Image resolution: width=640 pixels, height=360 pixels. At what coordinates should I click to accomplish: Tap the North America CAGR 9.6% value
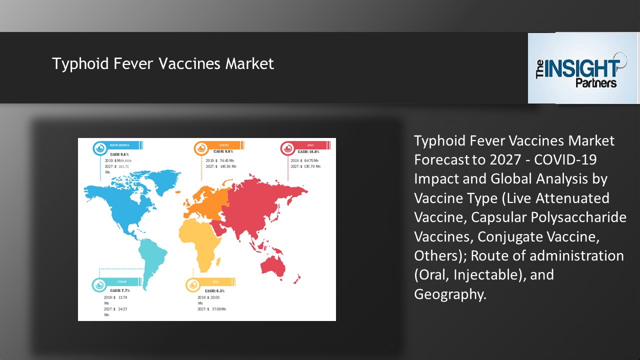(x=119, y=154)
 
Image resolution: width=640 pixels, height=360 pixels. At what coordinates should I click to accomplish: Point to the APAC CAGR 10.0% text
(x=308, y=151)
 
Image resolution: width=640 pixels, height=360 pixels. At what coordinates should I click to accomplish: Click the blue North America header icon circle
(x=100, y=148)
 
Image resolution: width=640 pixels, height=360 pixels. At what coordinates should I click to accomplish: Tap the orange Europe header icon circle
(x=201, y=148)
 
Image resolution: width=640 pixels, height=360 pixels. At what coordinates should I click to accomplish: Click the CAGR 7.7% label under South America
(x=119, y=290)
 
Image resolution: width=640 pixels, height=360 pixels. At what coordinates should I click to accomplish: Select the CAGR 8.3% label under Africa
(x=214, y=291)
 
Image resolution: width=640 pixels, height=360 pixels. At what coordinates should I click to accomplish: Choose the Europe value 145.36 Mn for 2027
(x=228, y=166)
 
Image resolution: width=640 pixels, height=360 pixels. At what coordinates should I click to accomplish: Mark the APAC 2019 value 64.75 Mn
(x=312, y=160)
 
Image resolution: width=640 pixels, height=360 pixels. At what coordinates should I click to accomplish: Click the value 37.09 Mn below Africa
(x=218, y=309)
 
